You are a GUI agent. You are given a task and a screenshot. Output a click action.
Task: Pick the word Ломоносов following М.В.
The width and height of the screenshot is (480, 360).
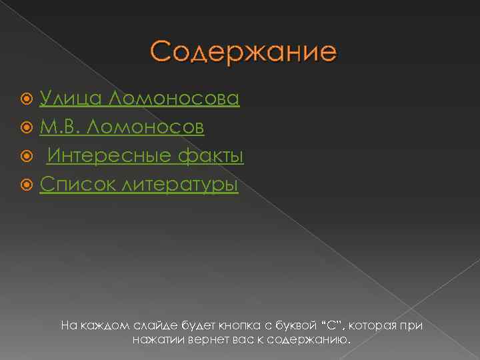(x=151, y=127)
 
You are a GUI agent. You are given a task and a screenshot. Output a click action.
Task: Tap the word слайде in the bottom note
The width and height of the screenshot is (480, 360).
(x=157, y=325)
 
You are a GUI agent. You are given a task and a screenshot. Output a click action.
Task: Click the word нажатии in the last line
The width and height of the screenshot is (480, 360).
(x=157, y=340)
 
